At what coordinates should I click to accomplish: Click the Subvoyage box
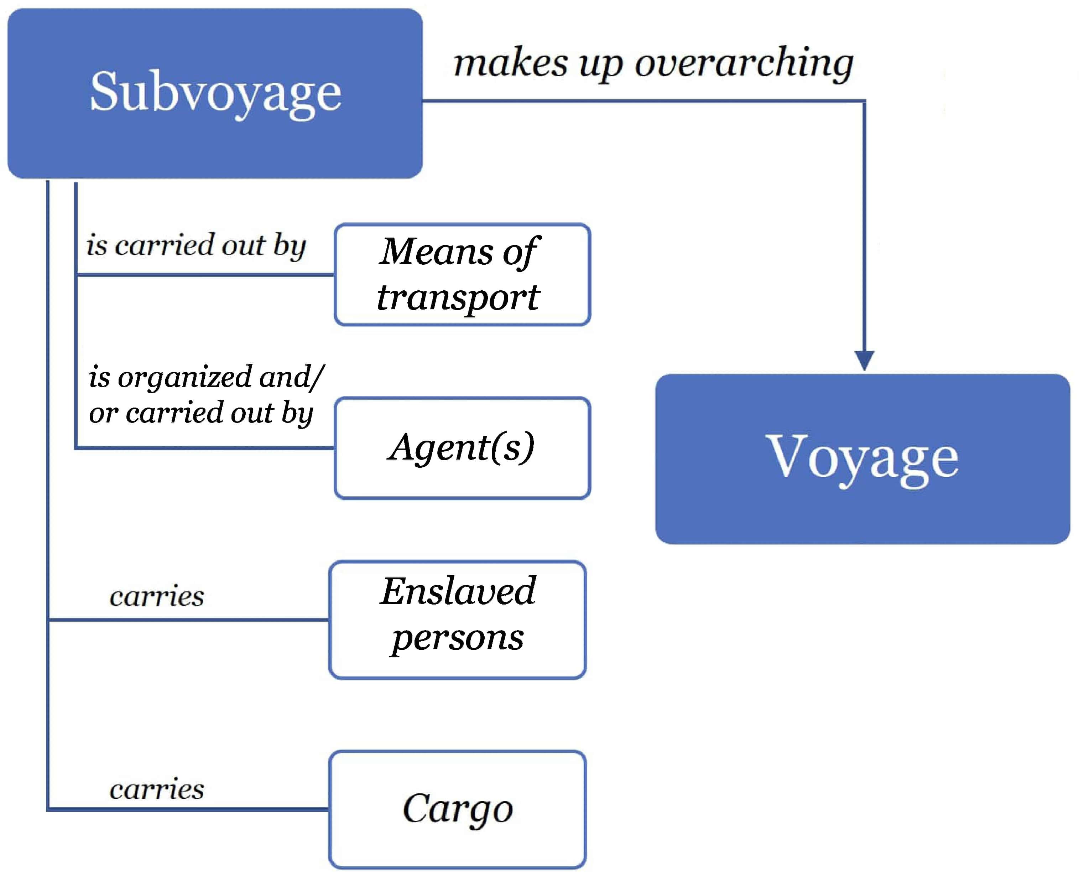click(x=215, y=93)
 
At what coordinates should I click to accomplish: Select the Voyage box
click(x=862, y=459)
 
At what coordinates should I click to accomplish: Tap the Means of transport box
click(x=462, y=275)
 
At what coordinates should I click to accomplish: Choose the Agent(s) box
click(x=462, y=448)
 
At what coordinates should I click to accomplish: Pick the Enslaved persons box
click(x=457, y=620)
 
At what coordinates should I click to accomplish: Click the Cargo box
click(x=457, y=809)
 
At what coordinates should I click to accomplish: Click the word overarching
click(x=744, y=63)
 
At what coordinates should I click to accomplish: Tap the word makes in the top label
click(x=510, y=63)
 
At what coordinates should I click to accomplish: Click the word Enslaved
click(x=458, y=591)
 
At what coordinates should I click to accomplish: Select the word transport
click(x=458, y=298)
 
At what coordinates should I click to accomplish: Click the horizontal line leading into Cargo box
click(x=202, y=809)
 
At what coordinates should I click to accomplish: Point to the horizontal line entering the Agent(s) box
click(x=212, y=447)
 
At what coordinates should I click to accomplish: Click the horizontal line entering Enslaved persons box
click(x=202, y=619)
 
